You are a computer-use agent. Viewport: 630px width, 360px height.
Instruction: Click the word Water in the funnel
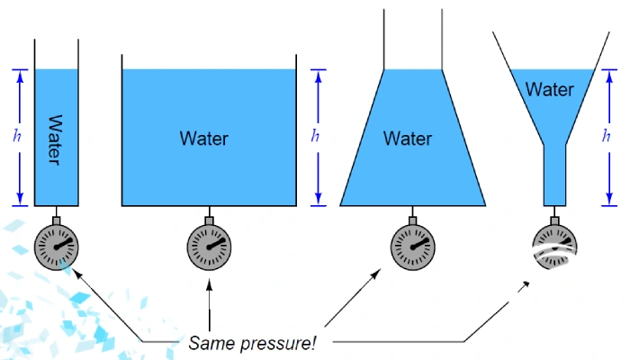(549, 90)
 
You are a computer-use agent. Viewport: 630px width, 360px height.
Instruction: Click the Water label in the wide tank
(204, 139)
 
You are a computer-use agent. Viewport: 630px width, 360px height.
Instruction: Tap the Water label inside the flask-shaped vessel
(408, 139)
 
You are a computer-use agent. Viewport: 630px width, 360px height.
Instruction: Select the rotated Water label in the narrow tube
(55, 139)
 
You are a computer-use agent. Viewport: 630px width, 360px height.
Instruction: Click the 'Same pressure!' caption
(252, 343)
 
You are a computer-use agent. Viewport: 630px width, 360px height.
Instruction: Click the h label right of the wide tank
(315, 136)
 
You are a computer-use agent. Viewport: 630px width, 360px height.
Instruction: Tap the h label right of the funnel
(607, 136)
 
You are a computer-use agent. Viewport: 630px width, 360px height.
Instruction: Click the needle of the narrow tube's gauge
(60, 243)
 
